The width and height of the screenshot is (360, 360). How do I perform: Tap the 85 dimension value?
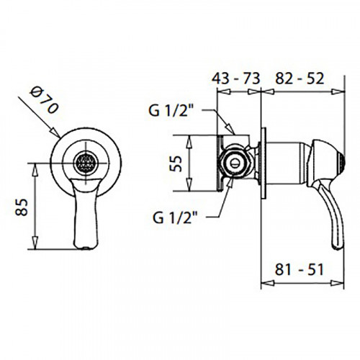(22, 207)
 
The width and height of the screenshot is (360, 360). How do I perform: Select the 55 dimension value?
(176, 163)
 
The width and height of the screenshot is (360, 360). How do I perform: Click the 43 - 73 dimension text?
(235, 78)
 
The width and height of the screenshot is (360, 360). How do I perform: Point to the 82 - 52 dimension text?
(300, 78)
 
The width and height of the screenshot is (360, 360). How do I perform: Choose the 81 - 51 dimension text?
(300, 269)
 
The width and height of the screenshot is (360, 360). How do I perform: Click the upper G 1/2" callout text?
(171, 110)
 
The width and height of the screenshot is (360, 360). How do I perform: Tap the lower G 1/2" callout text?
(175, 218)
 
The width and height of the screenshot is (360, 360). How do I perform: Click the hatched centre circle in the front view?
(86, 163)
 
